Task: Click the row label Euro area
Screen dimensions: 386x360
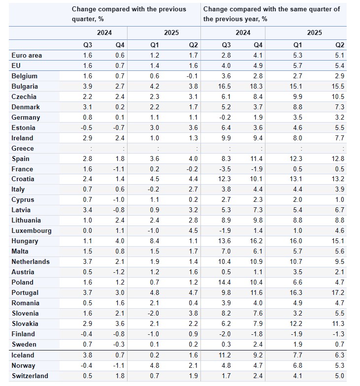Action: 27,56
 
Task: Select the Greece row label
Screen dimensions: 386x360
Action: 23,148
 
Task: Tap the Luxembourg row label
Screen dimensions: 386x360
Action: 31,231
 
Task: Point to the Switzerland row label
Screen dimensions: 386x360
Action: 30,376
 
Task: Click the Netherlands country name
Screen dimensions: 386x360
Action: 31,262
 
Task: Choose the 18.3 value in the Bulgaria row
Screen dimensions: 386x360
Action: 256,87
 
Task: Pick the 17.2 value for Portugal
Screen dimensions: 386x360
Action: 337,293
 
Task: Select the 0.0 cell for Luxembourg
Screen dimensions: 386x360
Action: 87,231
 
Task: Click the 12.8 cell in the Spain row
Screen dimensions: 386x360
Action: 337,159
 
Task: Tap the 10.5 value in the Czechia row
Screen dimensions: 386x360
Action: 337,97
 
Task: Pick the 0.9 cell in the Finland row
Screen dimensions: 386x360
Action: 193,334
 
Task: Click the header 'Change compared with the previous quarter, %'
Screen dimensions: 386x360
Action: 129,14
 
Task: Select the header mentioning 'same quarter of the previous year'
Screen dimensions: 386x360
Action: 271,14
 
